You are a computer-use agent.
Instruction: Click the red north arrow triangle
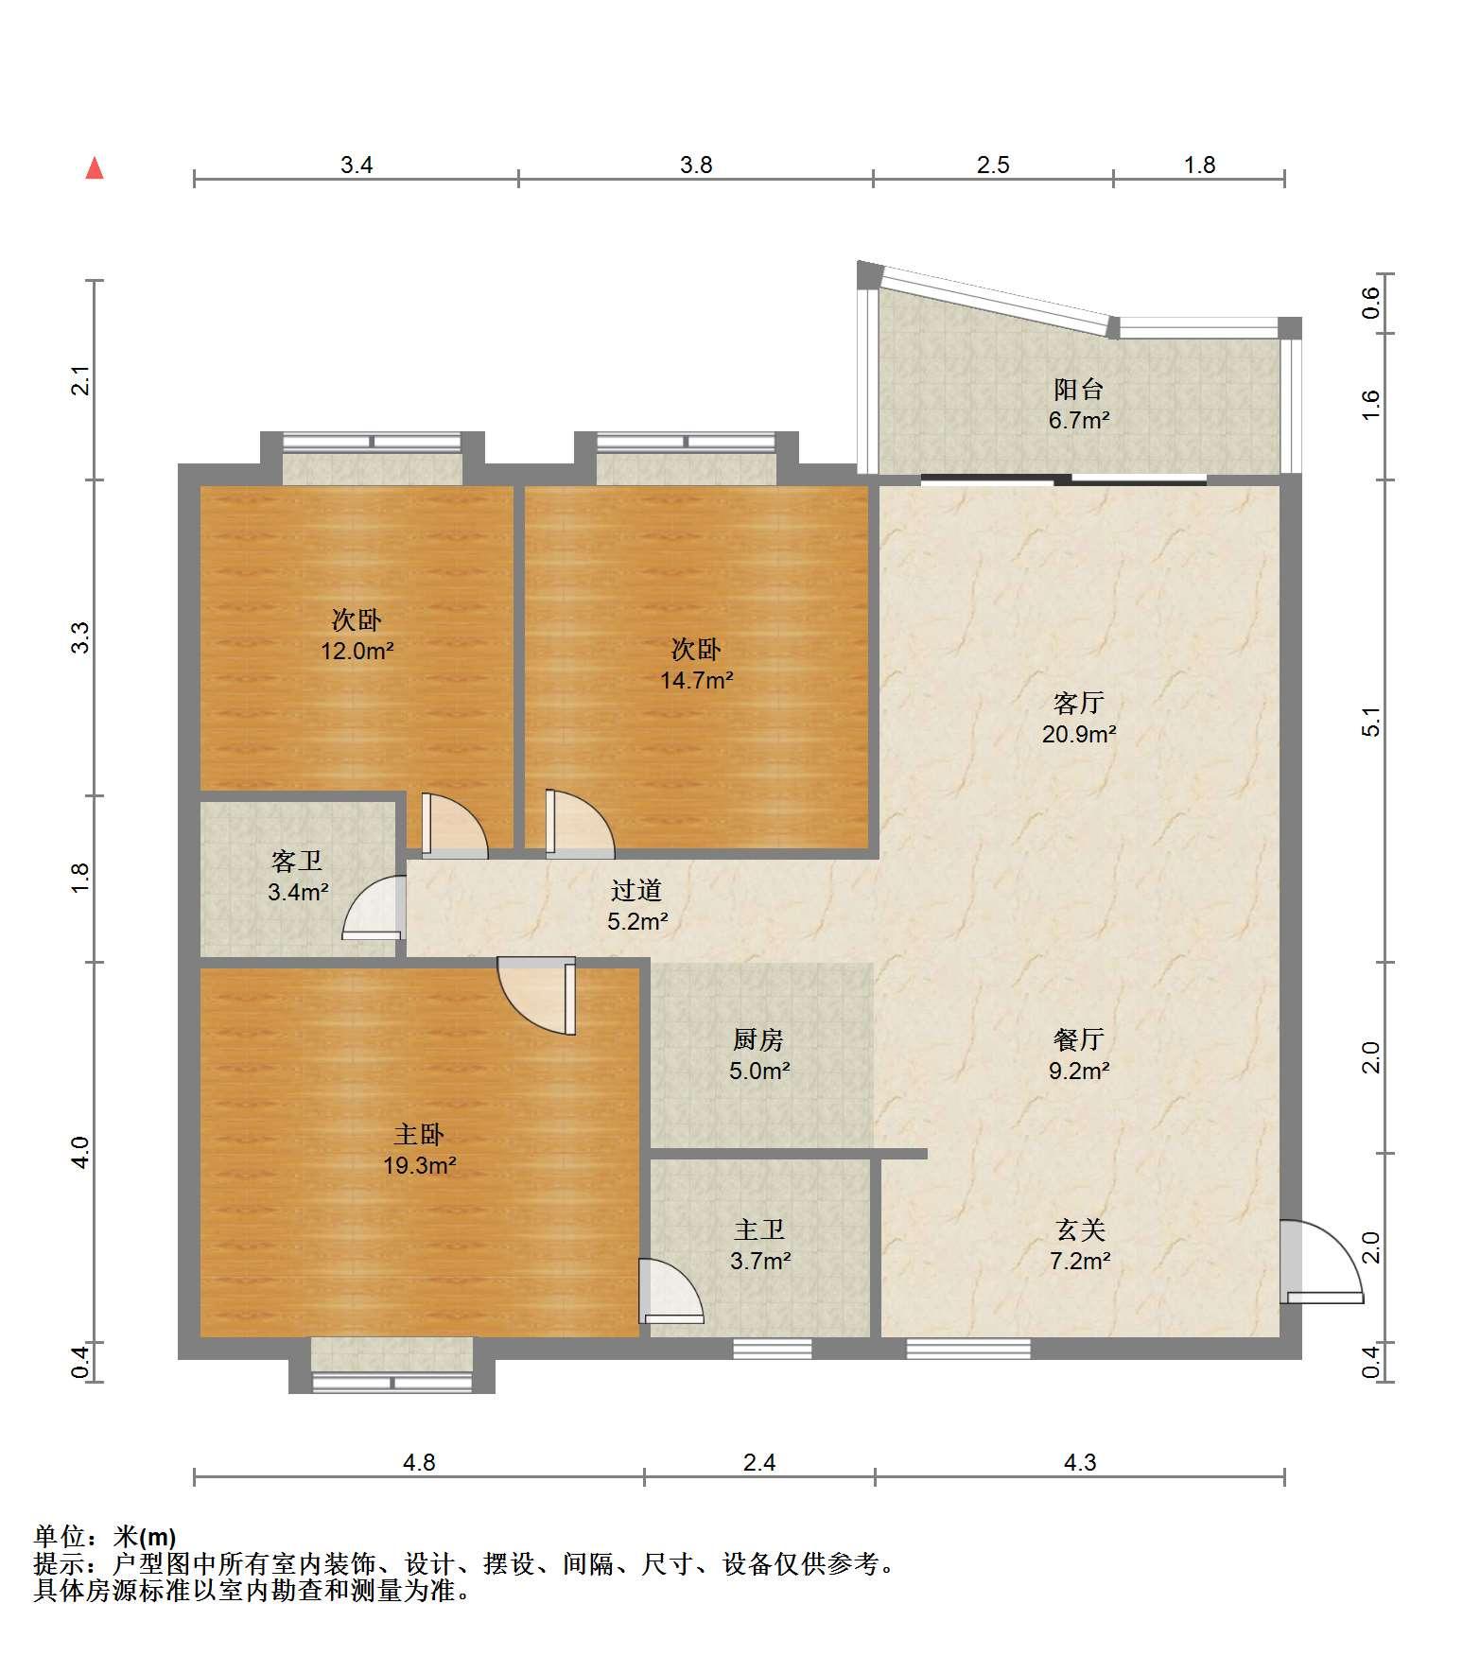[x=95, y=168]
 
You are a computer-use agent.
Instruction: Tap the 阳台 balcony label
[x=1079, y=390]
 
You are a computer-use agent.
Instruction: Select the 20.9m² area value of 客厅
[x=1079, y=734]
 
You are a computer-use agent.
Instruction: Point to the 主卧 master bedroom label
[x=419, y=1134]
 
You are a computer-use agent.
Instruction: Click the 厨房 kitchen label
[x=758, y=1040]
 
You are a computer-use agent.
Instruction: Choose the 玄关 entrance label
[x=1080, y=1229]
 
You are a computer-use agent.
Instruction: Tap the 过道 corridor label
[x=636, y=890]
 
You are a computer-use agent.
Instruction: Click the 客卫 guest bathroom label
[x=297, y=861]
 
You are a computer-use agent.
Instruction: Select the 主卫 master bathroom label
[x=759, y=1229]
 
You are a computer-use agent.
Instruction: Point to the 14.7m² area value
[x=697, y=680]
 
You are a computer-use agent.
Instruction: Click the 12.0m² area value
[x=357, y=651]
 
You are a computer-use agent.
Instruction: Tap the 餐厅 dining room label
[x=1079, y=1040]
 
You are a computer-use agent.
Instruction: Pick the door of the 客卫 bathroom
[x=374, y=908]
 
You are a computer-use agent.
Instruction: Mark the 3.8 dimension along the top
[x=696, y=166]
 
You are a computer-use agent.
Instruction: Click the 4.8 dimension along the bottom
[x=419, y=1463]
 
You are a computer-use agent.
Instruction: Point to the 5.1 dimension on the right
[x=1372, y=722]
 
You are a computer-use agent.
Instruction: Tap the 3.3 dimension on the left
[x=81, y=636]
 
